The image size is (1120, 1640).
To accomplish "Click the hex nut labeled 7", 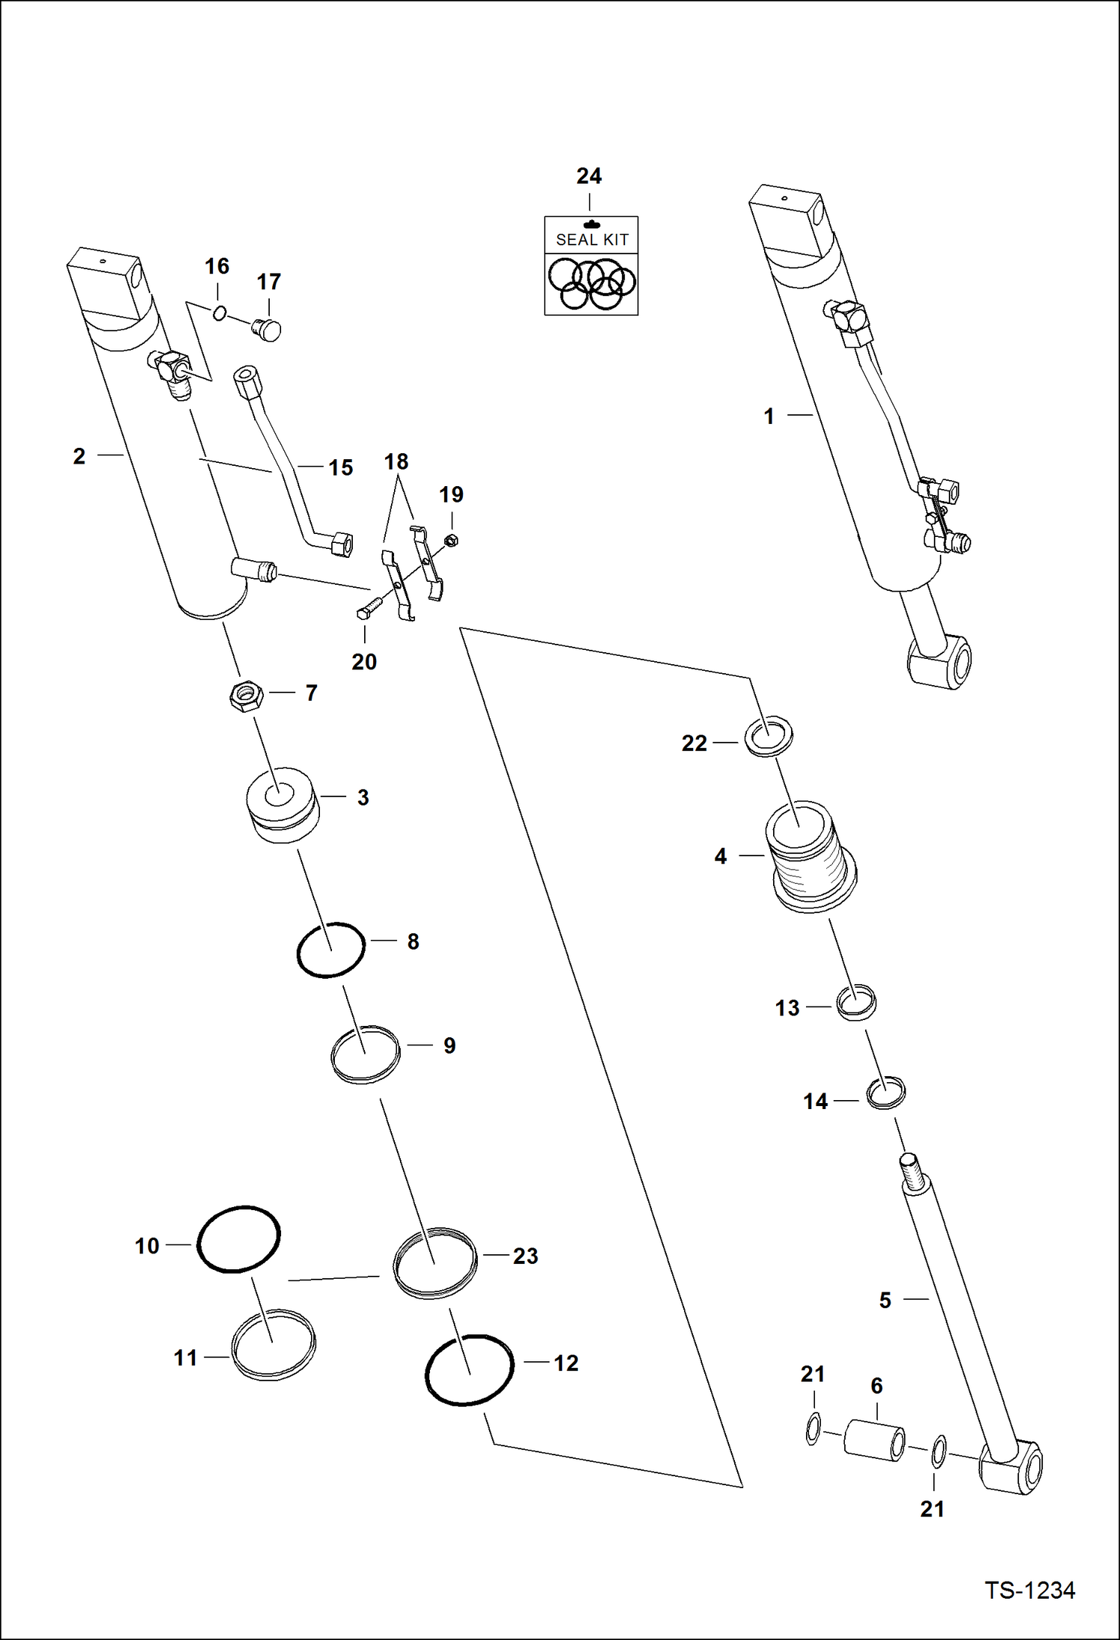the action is [x=245, y=695].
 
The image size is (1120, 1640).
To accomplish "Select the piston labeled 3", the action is [x=283, y=805].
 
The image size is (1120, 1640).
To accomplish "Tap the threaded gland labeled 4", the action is [x=810, y=856].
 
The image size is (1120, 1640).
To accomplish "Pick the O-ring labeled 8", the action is [x=331, y=950].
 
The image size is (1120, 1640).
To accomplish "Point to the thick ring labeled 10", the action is [x=239, y=1238].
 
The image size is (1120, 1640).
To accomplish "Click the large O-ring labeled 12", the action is [x=470, y=1370].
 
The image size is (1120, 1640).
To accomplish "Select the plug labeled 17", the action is [x=267, y=329].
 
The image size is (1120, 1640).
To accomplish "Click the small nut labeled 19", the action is [x=451, y=540].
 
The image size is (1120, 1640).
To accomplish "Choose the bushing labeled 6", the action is [x=875, y=1440].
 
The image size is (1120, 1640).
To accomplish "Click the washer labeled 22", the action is [x=769, y=736].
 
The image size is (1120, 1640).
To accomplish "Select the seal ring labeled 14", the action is [x=886, y=1093].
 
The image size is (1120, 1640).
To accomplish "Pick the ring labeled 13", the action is [x=856, y=1002].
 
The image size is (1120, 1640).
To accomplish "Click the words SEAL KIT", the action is [x=592, y=239].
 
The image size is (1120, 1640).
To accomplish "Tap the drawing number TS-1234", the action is [x=1030, y=1590].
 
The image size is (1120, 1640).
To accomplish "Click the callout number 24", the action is [x=589, y=176].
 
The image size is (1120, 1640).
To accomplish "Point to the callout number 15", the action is [x=341, y=467].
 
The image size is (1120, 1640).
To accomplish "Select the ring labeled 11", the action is [x=273, y=1345].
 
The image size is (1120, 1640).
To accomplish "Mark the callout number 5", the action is [x=885, y=1300].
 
